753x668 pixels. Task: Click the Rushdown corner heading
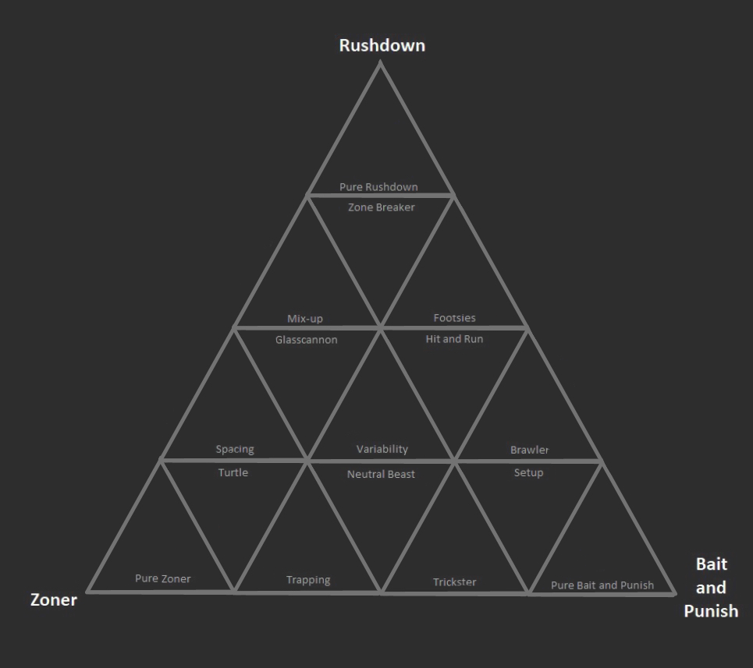382,45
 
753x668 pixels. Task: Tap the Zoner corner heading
54,600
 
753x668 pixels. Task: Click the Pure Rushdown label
378,187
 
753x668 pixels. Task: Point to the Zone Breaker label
382,207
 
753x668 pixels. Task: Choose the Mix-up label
304,318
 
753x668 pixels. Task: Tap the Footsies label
454,317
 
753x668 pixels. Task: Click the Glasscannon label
306,340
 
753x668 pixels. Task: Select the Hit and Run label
454,339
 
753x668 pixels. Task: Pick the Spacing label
235,449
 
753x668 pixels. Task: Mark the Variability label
382,449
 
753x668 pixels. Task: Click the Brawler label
529,450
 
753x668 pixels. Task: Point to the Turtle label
233,472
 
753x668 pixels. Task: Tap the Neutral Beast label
381,474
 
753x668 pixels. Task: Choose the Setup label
528,472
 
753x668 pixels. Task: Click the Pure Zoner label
162,578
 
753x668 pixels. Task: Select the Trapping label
308,580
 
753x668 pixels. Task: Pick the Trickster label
454,582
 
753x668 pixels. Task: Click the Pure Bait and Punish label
602,585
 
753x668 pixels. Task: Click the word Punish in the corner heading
711,610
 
